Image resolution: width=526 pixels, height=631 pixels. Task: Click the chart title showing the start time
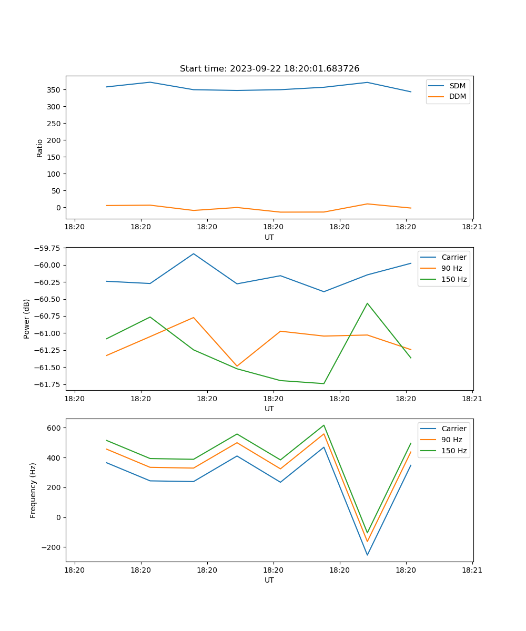(x=269, y=69)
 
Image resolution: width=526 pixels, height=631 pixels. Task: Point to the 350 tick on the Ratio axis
(x=54, y=90)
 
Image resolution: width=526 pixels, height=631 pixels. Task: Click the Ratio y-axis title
(x=40, y=148)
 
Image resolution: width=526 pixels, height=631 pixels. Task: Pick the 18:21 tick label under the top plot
(x=472, y=227)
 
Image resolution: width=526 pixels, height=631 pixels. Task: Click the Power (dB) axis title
(x=27, y=319)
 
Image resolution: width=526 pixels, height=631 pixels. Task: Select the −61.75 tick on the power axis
(x=47, y=384)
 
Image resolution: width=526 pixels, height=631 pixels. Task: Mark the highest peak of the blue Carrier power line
(x=194, y=253)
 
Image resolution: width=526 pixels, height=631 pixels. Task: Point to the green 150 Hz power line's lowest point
(x=323, y=383)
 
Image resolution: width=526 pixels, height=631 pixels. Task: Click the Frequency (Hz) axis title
(x=33, y=490)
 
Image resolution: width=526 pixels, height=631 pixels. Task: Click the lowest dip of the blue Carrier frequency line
(x=367, y=555)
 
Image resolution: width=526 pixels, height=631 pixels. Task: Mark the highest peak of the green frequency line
(x=323, y=425)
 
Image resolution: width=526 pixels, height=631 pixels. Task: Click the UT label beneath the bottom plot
(x=269, y=580)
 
